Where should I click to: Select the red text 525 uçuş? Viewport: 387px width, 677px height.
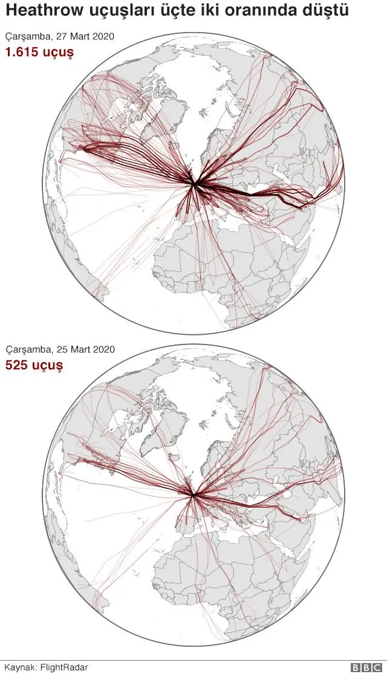[x=34, y=365]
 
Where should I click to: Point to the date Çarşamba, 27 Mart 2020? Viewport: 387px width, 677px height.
[x=60, y=37]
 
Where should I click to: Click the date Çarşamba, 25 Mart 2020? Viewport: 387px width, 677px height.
[x=60, y=350]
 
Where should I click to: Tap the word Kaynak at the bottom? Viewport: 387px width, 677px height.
[x=20, y=667]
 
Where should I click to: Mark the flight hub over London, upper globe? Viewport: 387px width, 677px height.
[x=194, y=184]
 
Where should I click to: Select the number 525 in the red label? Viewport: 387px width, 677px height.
[x=18, y=365]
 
